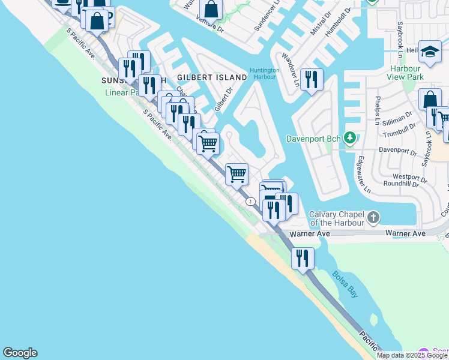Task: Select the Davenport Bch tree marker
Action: click(x=349, y=139)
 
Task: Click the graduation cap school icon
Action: click(x=430, y=53)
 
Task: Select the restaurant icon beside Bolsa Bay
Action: click(x=303, y=258)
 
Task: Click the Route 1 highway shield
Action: click(x=249, y=202)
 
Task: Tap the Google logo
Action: click(x=20, y=353)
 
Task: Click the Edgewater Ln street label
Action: click(x=362, y=173)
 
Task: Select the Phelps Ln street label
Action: click(x=378, y=110)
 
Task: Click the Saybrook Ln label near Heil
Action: click(x=400, y=37)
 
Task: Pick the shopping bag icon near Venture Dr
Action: click(x=211, y=10)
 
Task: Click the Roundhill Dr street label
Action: click(x=400, y=185)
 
